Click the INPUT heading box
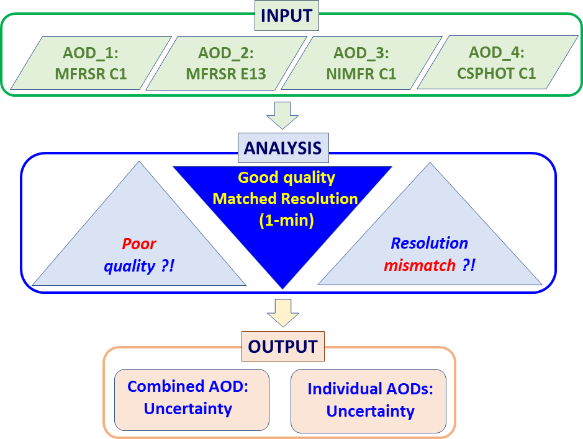[287, 16]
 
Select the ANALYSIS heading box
[282, 148]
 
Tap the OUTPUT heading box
[282, 346]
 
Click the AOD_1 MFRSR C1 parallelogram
[91, 62]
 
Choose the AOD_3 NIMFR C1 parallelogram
[361, 62]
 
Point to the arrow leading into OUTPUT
[282, 313]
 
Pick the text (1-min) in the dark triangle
[285, 219]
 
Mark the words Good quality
[286, 178]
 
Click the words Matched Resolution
[285, 198]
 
